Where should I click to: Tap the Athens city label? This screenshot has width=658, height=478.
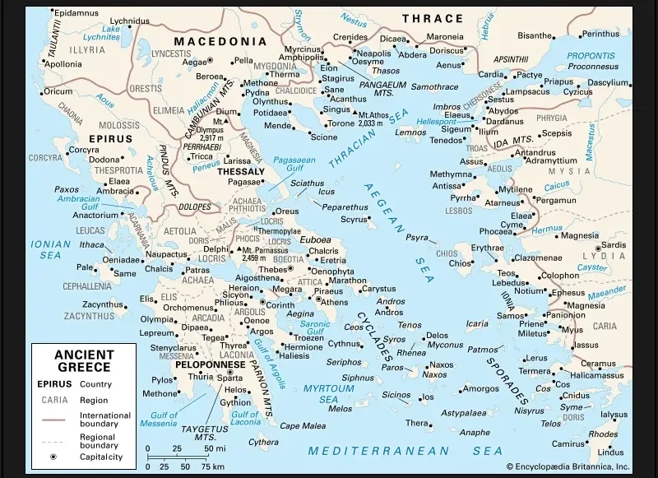coord(334,302)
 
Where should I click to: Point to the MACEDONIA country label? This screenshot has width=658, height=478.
coord(220,41)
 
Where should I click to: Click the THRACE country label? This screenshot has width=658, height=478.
coord(433,18)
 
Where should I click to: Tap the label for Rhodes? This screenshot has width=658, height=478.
coord(603,434)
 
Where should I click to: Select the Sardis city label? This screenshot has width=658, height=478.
coord(614,244)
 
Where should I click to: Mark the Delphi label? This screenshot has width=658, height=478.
coord(216,248)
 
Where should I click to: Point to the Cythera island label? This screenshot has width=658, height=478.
coord(263,442)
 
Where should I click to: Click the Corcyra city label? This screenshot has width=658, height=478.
coord(84,150)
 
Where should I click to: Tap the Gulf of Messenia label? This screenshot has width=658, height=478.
coord(160,420)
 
